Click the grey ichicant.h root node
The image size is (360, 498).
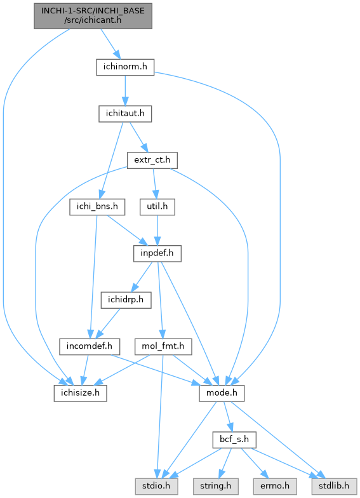pos(93,16)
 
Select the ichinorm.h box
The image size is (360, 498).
pos(125,67)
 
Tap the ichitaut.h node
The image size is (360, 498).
pos(125,114)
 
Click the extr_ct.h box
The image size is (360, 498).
pos(152,160)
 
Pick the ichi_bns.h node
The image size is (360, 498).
pos(97,207)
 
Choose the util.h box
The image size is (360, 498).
pos(157,207)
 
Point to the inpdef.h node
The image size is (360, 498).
pos(157,253)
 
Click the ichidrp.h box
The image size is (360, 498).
pos(126,300)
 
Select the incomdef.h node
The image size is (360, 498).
pos(89,347)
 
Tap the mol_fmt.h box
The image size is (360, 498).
pos(163,347)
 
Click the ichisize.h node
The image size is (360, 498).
pos(80,393)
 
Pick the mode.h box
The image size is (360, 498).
pos(222,393)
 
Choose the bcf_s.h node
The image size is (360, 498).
pos(234,440)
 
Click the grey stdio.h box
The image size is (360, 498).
pos(156,487)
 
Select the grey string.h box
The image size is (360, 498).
pos(216,487)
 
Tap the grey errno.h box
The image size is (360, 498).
pos(275,487)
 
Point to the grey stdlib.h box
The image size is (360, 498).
pos(334,487)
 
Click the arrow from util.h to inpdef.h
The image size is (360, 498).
pos(157,230)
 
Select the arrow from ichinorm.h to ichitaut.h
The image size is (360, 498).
pos(125,90)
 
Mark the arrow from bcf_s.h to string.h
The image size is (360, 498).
pos(226,463)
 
